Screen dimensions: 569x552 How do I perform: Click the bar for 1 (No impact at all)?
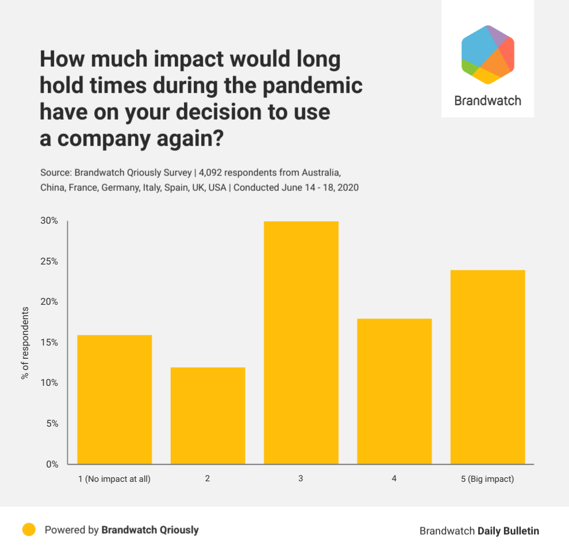[x=115, y=400]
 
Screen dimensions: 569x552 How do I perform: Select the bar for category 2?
[x=208, y=416]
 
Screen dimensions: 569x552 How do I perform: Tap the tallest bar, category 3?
[x=301, y=343]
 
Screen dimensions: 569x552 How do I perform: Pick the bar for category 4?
[x=394, y=391]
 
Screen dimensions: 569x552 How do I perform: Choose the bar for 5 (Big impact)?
[x=488, y=367]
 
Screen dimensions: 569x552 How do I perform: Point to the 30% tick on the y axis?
[x=49, y=220]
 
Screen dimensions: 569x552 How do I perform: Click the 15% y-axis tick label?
[x=49, y=343]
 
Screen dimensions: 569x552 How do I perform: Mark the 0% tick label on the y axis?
[x=52, y=464]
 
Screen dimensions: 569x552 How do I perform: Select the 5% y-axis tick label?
[x=52, y=423]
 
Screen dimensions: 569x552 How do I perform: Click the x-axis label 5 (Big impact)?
[x=487, y=479]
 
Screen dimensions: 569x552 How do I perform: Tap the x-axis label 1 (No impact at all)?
[x=114, y=479]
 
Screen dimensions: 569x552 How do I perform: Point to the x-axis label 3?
[x=301, y=478]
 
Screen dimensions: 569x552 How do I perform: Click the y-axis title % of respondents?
[x=25, y=343]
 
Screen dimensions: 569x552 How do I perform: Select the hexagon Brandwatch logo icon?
[x=488, y=55]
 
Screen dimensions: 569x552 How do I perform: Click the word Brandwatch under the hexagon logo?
[x=488, y=101]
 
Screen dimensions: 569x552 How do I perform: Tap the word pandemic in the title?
[x=312, y=86]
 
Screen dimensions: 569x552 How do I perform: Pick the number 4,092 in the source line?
[x=210, y=172]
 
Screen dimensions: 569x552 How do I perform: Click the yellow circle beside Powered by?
[x=29, y=530]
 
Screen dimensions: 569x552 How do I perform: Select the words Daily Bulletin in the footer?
[x=508, y=531]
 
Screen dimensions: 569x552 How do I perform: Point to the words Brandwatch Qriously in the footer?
[x=150, y=530]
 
